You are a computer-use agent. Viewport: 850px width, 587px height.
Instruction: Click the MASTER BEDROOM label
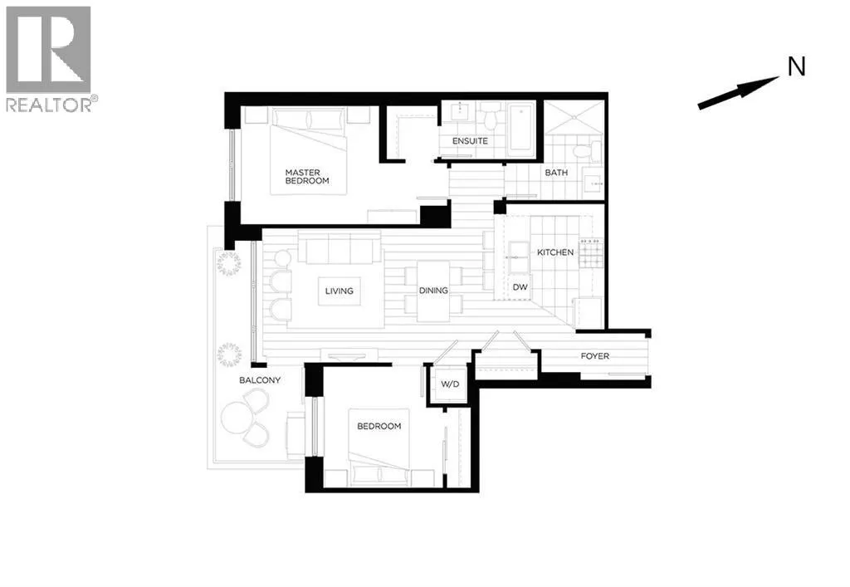tap(307, 176)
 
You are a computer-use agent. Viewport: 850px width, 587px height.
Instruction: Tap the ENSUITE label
tap(470, 141)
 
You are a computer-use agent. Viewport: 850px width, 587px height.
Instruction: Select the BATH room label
tap(555, 173)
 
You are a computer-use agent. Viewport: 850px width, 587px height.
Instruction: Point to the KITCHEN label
tap(555, 252)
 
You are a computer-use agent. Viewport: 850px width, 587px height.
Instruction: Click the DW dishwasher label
tap(520, 287)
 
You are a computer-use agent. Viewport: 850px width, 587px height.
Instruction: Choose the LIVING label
tap(339, 291)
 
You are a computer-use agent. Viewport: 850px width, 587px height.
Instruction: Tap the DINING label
tap(433, 291)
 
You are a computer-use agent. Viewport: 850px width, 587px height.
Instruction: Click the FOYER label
tap(594, 356)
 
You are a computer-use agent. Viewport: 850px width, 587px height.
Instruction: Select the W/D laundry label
tap(450, 384)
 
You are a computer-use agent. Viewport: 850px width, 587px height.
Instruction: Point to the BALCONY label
tap(260, 380)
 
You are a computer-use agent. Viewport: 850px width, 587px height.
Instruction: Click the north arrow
tap(737, 92)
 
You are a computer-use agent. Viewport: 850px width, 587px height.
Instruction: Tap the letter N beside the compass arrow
tap(796, 67)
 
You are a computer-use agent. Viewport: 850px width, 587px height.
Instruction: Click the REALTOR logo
tap(50, 58)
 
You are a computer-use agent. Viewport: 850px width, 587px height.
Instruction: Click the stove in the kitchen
tap(591, 252)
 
